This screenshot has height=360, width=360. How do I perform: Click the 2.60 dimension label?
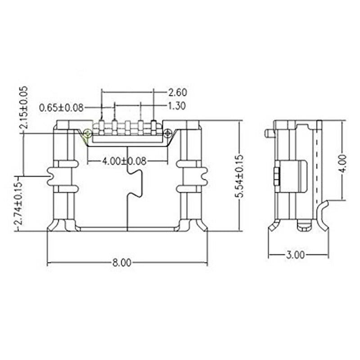tap(178, 93)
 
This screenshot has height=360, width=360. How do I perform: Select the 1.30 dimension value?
tap(176, 106)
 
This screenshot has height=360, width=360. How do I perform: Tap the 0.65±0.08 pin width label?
tap(61, 108)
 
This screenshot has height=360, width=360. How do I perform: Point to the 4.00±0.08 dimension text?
tap(124, 161)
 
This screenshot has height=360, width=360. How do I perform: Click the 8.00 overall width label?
tap(121, 263)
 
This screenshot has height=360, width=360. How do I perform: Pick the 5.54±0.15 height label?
tap(239, 176)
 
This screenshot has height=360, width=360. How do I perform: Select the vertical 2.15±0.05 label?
tap(24, 107)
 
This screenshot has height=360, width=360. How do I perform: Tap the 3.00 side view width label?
tap(296, 255)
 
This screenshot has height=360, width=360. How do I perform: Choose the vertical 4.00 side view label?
tap(343, 164)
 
